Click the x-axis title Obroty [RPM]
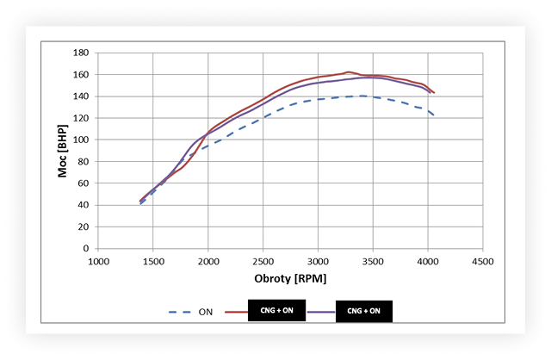pyautogui.click(x=291, y=280)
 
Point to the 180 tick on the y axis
pyautogui.click(x=83, y=53)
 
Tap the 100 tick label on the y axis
pyautogui.click(x=83, y=140)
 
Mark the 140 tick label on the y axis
pyautogui.click(x=83, y=96)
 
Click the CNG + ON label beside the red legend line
pyautogui.click(x=276, y=310)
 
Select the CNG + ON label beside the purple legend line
pyautogui.click(x=373, y=310)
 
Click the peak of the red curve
pyautogui.click(x=348, y=72)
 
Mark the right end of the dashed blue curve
pyautogui.click(x=434, y=115)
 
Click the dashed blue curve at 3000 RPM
pyautogui.click(x=319, y=99)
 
